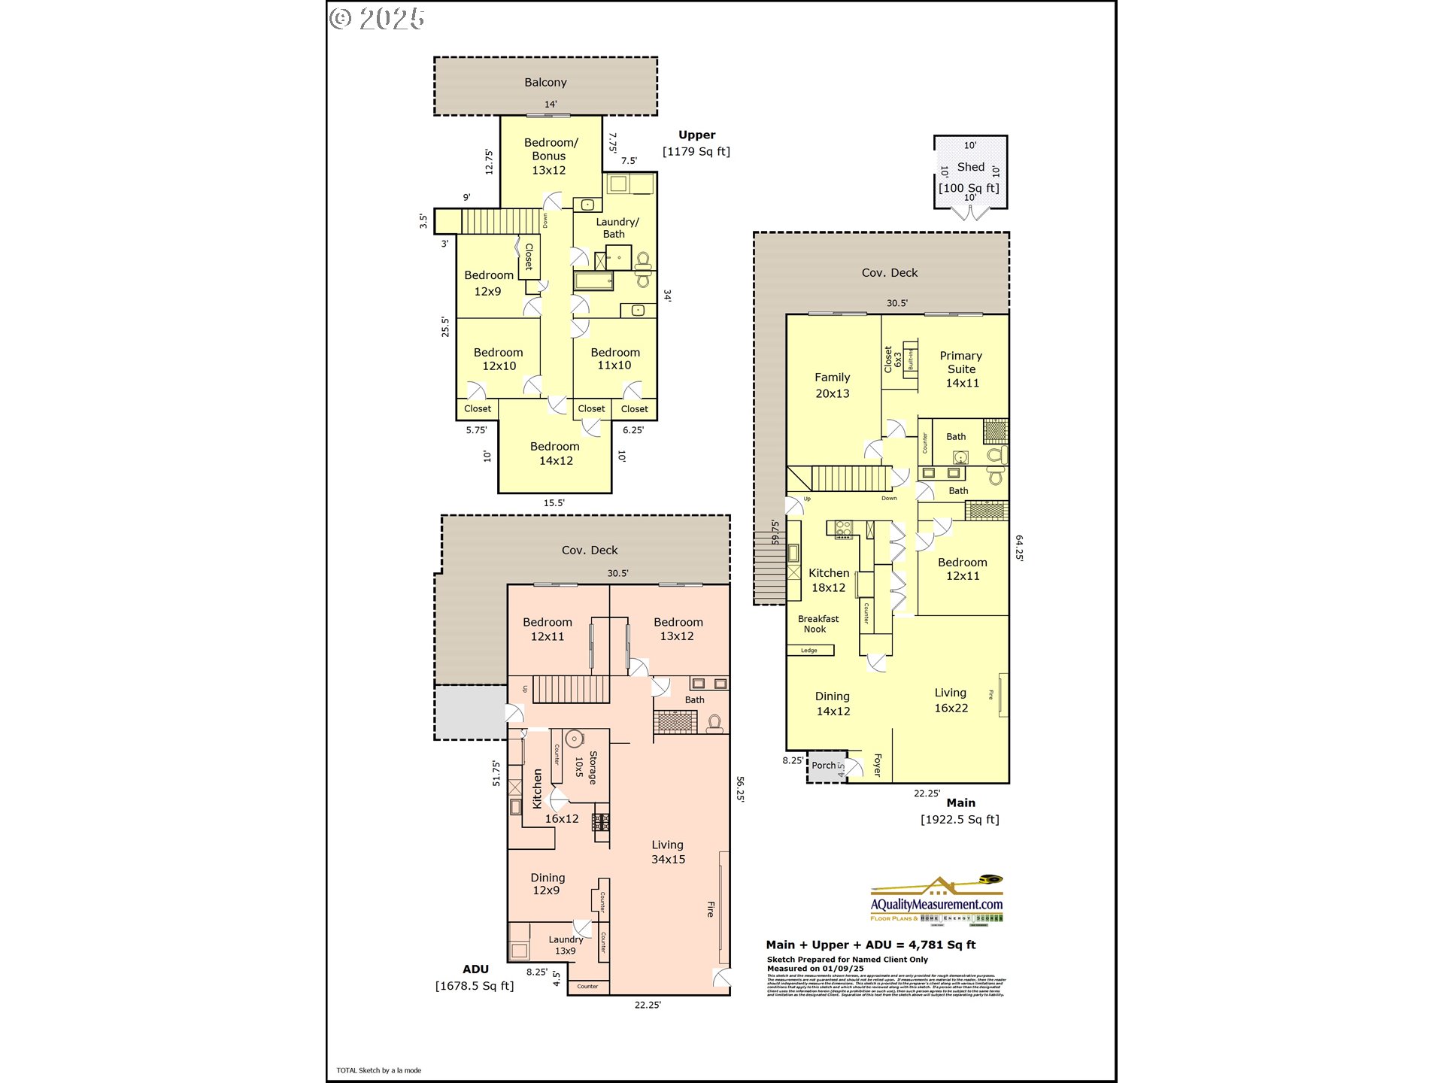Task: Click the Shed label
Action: [970, 167]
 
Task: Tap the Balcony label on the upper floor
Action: [545, 83]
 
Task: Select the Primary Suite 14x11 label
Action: [962, 369]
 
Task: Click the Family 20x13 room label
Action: [833, 385]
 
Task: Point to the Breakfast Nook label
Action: [818, 624]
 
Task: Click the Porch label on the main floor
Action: [824, 766]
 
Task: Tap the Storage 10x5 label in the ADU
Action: [586, 768]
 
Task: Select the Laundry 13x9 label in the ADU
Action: [565, 945]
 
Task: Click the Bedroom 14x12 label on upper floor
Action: [555, 454]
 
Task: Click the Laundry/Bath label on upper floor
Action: [617, 228]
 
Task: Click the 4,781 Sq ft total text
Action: [942, 945]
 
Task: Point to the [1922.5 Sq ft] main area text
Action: [960, 820]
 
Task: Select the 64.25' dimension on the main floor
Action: [1019, 548]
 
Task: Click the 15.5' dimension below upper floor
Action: [554, 503]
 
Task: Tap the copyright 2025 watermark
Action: [377, 19]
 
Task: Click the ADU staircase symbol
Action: [571, 689]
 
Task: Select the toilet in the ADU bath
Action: [714, 724]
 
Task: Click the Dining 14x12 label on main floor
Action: [833, 704]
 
